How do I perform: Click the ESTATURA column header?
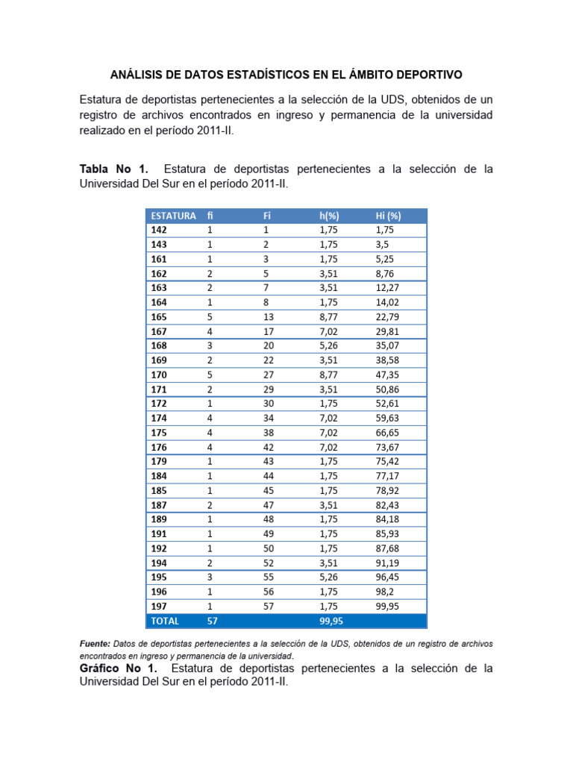[x=173, y=216]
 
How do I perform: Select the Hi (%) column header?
[x=388, y=216]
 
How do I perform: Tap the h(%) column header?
[x=330, y=216]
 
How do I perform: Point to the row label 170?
[x=159, y=375]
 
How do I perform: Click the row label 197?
[x=159, y=606]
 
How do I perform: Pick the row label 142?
[x=159, y=230]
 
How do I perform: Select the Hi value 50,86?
[x=388, y=389]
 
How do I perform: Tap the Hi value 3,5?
[x=382, y=245]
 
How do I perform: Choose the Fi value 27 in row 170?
[x=269, y=375]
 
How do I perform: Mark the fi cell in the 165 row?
[x=210, y=317]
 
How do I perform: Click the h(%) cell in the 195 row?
[x=328, y=577]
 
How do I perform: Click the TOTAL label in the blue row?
[x=165, y=621]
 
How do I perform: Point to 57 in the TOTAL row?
[x=213, y=621]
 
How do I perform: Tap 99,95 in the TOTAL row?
[x=331, y=621]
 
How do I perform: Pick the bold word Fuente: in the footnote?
[x=95, y=643]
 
